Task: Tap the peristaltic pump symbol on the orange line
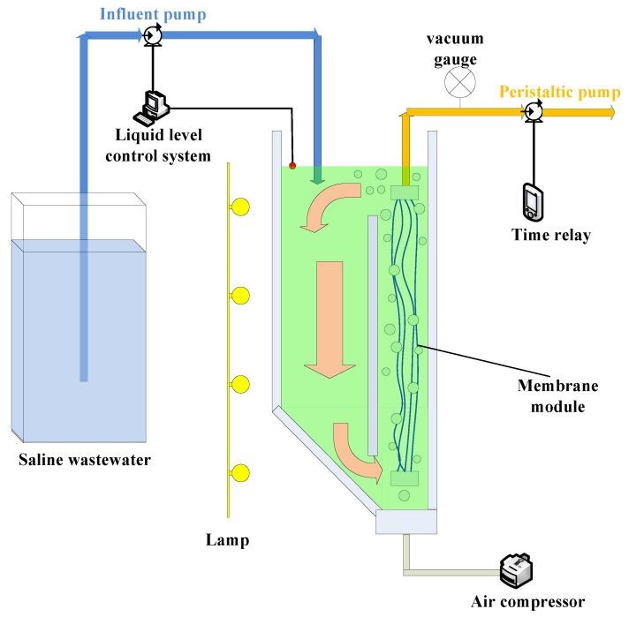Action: tap(533, 111)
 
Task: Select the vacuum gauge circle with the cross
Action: tap(458, 84)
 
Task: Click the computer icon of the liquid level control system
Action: tap(151, 107)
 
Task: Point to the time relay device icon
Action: tap(532, 202)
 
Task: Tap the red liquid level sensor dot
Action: tap(292, 165)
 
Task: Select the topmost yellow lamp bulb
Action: tap(239, 207)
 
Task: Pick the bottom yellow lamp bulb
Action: tap(239, 473)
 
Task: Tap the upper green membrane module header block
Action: tap(405, 192)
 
